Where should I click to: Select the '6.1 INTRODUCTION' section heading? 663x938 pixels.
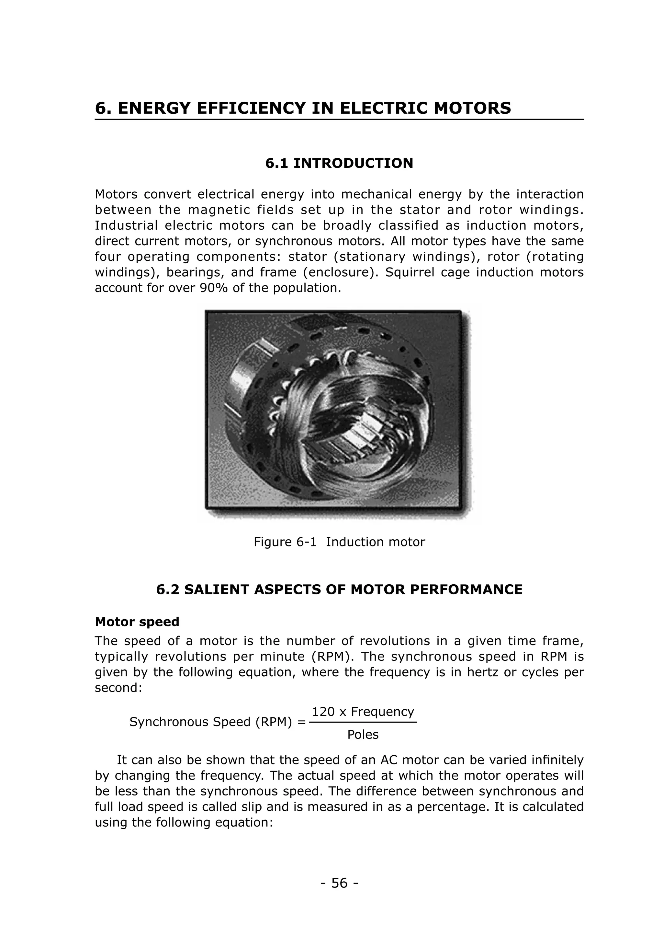[339, 164]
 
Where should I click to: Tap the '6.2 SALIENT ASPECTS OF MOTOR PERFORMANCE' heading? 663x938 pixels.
[339, 589]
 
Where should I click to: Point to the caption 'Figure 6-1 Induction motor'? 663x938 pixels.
[339, 542]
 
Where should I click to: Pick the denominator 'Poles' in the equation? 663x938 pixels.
[363, 735]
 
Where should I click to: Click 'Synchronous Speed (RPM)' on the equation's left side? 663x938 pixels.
[213, 722]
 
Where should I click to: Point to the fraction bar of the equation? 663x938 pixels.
[363, 722]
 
